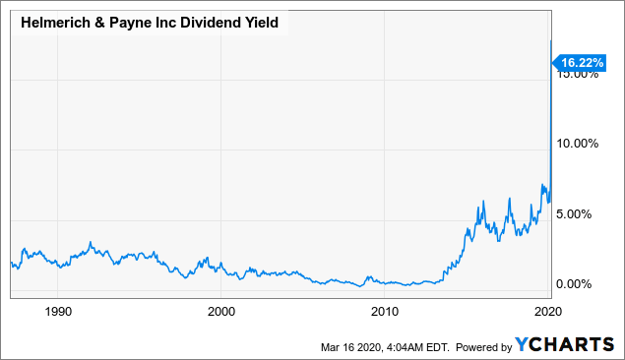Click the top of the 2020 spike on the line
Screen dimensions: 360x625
pyautogui.click(x=549, y=41)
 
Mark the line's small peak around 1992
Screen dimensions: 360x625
pyautogui.click(x=91, y=242)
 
